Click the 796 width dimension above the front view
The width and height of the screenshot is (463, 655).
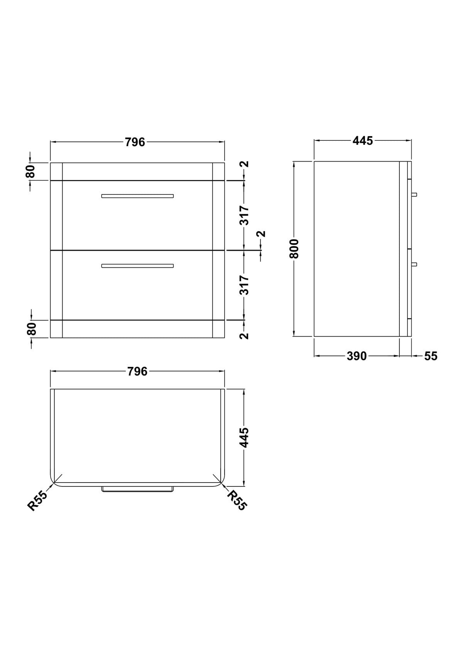(x=135, y=142)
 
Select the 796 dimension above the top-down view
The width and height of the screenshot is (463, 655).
(x=137, y=371)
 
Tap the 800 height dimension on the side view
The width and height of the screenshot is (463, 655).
(x=294, y=248)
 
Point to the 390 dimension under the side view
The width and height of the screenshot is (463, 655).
(x=357, y=356)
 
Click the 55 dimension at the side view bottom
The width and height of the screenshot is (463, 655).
(x=431, y=356)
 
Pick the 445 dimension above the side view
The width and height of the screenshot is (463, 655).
(x=363, y=141)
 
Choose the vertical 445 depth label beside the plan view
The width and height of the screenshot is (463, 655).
(x=244, y=437)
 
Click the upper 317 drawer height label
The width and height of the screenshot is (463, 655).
(x=244, y=215)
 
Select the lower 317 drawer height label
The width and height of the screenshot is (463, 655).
(x=244, y=285)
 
